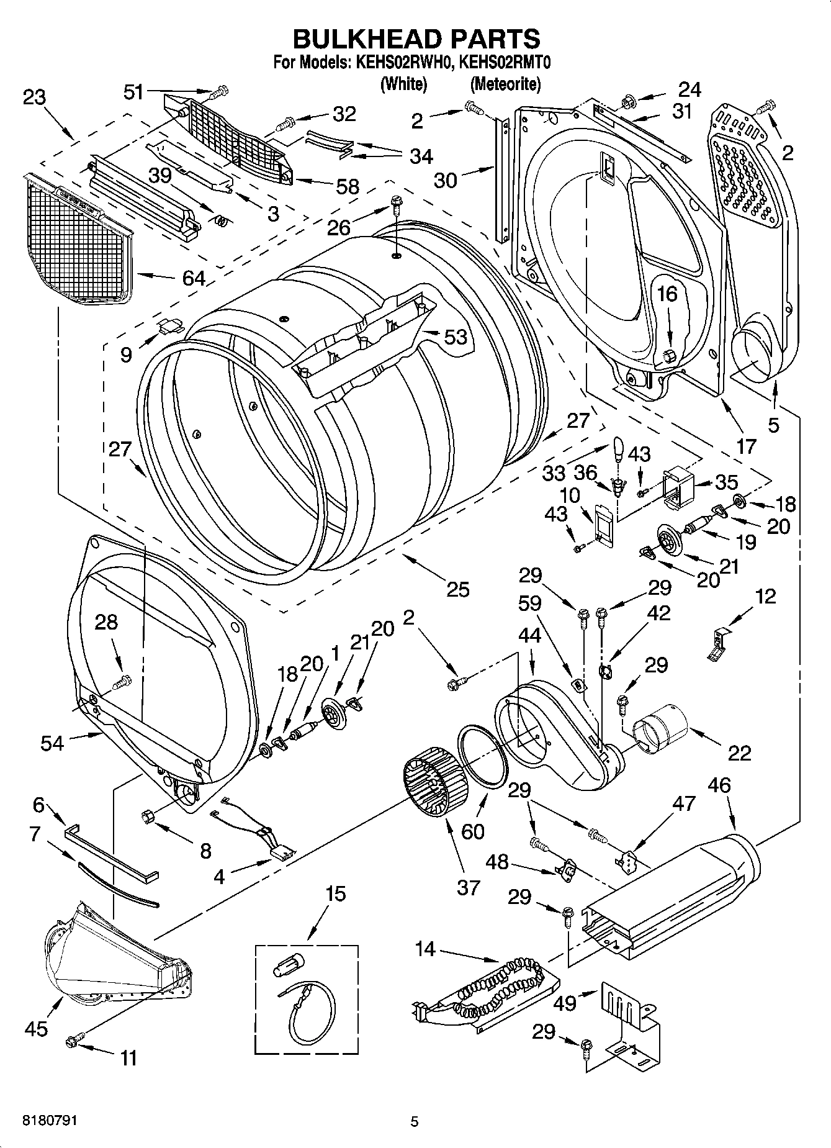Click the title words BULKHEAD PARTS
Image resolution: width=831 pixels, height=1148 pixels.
pyautogui.click(x=416, y=38)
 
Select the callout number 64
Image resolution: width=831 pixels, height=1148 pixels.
pyautogui.click(x=194, y=278)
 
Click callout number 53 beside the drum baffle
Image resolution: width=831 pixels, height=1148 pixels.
pyautogui.click(x=456, y=337)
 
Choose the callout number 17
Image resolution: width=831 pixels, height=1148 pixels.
pyautogui.click(x=746, y=446)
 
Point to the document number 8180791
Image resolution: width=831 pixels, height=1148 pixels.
pyautogui.click(x=50, y=1121)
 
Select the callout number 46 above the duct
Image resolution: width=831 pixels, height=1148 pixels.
pyautogui.click(x=719, y=785)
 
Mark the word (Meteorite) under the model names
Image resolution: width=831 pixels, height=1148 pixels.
pyautogui.click(x=505, y=84)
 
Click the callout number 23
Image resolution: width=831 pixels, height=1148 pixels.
pyautogui.click(x=35, y=97)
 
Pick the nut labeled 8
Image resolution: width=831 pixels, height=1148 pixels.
pyautogui.click(x=149, y=817)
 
